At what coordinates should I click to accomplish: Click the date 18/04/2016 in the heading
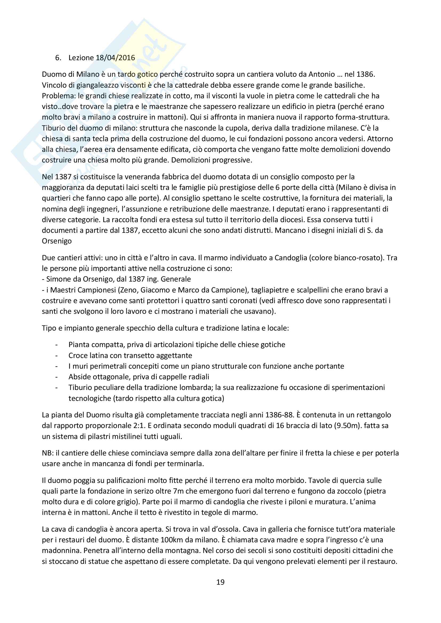pyautogui.click(x=115, y=58)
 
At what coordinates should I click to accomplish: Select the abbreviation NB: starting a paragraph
pyautogui.click(x=48, y=453)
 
